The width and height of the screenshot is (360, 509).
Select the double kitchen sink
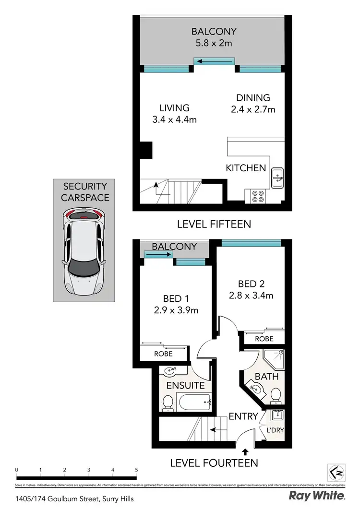(x=277, y=178)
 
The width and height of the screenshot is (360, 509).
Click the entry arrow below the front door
(x=246, y=451)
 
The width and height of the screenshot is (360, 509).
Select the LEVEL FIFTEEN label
(x=214, y=224)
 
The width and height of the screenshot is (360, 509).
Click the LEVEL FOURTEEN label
(x=214, y=463)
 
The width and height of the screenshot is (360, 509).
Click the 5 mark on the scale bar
(x=137, y=470)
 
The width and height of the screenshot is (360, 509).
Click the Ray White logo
(x=317, y=496)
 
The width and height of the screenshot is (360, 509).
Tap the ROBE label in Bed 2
(x=264, y=339)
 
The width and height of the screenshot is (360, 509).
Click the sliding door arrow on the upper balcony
(x=215, y=61)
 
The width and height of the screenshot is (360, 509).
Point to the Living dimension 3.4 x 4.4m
(x=175, y=120)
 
